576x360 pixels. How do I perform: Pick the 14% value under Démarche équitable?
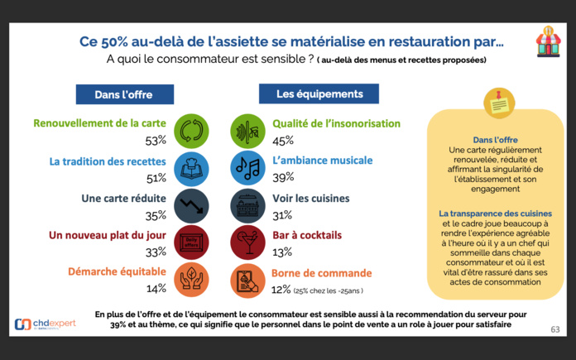coord(156,288)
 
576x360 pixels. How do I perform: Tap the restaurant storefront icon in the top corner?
coord(547,41)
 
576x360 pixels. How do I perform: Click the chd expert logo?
coord(46,324)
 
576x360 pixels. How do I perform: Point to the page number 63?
coord(554,329)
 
